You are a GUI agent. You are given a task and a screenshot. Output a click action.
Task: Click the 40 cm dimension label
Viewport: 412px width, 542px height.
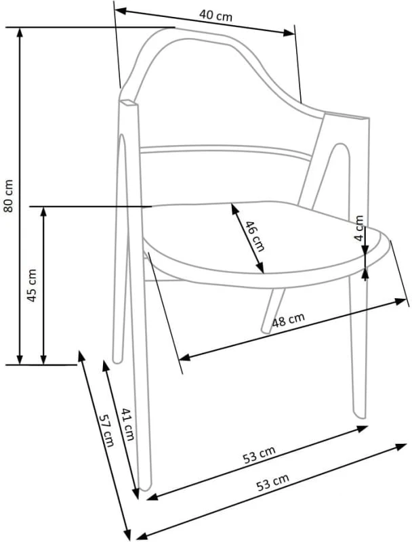coord(215,16)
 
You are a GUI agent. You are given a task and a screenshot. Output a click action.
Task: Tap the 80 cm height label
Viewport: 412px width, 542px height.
coord(8,196)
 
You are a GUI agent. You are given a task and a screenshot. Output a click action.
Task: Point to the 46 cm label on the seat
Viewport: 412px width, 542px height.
coord(255,236)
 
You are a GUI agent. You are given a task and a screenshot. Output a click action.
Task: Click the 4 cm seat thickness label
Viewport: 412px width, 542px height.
coord(359,228)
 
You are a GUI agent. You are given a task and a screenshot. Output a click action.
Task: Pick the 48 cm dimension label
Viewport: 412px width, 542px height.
coord(288,320)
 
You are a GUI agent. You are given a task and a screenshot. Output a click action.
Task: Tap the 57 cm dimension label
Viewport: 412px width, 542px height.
coord(106,430)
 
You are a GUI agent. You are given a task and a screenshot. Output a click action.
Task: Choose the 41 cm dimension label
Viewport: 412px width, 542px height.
coord(127,424)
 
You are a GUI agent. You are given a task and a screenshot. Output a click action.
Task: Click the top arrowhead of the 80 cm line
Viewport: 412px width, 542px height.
coord(20,31)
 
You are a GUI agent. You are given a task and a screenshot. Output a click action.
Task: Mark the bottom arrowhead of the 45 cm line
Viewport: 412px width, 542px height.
coord(43,360)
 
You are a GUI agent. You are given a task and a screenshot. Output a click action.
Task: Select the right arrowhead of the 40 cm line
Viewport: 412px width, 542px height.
coord(289,33)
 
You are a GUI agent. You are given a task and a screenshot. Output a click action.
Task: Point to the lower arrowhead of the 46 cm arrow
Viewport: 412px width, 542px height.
coord(260,268)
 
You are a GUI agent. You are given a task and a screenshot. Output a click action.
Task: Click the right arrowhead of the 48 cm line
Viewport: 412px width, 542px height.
coord(400,301)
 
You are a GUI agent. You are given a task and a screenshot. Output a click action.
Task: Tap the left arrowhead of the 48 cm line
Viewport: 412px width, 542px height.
coord(185,358)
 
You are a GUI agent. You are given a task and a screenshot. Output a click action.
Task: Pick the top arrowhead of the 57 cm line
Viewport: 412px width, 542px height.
coord(81,356)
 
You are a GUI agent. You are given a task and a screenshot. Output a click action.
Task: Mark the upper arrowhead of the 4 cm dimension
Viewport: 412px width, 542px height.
coord(365,249)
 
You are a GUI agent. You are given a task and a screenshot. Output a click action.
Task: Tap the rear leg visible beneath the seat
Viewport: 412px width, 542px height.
coord(273,310)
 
